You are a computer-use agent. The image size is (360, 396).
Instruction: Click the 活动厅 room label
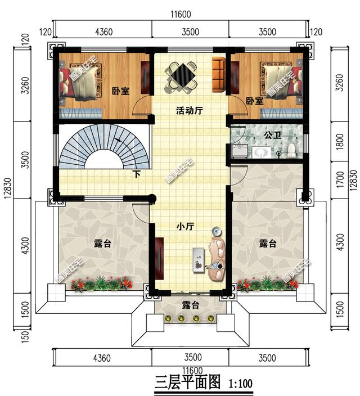click(x=189, y=111)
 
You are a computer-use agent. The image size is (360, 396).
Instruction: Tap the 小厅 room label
click(x=185, y=226)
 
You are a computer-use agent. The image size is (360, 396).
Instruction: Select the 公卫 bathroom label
click(x=273, y=135)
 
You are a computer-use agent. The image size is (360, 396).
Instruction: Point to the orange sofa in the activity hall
click(x=218, y=75)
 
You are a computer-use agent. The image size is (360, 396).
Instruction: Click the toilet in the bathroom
click(x=291, y=150)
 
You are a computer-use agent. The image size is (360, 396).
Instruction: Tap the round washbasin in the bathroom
click(x=261, y=152)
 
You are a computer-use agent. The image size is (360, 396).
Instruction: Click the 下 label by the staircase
click(x=137, y=174)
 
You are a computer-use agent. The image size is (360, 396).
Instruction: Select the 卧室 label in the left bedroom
click(x=121, y=91)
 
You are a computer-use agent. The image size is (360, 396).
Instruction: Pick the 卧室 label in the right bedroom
click(x=255, y=101)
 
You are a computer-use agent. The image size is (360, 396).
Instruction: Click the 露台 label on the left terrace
click(x=102, y=244)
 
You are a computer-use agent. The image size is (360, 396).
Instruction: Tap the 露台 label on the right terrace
click(x=268, y=244)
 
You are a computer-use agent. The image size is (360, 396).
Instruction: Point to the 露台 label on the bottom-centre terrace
click(x=191, y=305)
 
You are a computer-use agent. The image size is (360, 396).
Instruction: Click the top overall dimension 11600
click(x=181, y=15)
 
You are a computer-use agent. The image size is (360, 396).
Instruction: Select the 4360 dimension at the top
click(x=104, y=32)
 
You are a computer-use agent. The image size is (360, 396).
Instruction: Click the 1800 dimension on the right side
click(x=340, y=142)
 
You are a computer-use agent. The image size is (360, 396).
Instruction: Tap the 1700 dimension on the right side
click(x=340, y=179)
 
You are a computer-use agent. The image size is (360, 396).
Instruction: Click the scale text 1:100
click(x=241, y=384)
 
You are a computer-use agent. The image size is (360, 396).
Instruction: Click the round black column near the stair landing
click(x=152, y=199)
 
